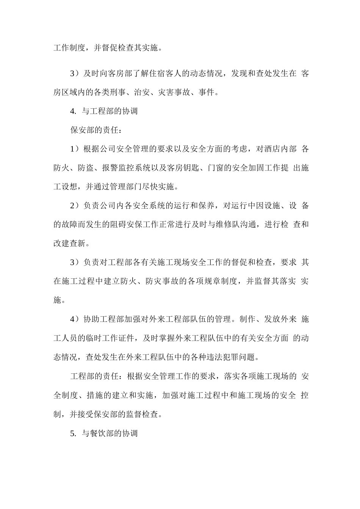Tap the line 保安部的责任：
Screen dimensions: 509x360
tap(96, 130)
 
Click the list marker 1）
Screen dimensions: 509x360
tap(75, 149)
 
